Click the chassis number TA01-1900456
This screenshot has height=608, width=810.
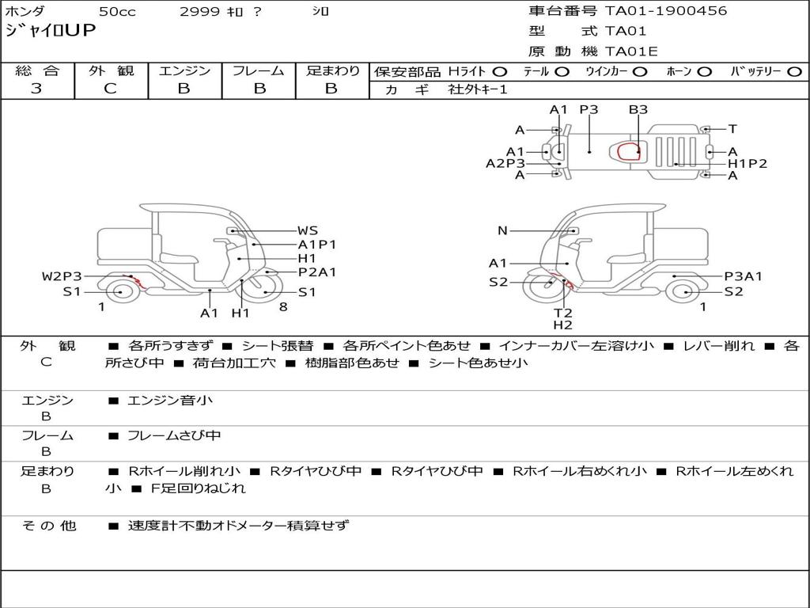pos(666,11)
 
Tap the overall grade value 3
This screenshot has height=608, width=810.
pos(36,89)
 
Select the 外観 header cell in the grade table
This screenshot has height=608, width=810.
pos(111,70)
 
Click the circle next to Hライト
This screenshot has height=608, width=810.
pos(500,72)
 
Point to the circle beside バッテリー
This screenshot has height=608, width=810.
pos(794,72)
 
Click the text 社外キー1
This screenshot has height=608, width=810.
pos(478,89)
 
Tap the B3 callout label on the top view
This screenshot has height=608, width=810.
pos(638,109)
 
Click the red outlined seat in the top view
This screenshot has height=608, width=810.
pos(629,151)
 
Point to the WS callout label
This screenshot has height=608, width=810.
pos(308,231)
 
